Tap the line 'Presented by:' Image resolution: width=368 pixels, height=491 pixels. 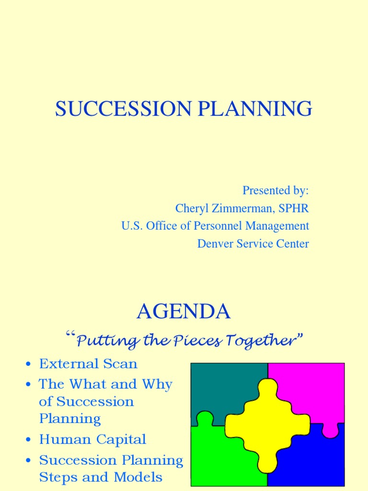276,190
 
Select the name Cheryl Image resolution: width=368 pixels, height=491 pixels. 191,208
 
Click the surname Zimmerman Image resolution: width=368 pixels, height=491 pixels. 238,208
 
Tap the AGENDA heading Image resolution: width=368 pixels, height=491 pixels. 184,312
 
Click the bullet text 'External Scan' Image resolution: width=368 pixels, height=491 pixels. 88,364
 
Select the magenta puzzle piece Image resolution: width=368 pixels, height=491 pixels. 311,388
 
